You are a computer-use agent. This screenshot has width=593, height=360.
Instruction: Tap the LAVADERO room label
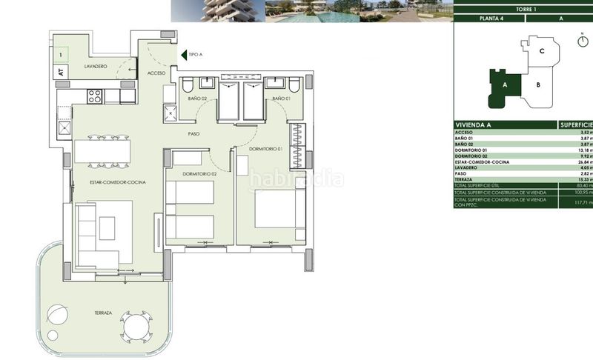pos(96,67)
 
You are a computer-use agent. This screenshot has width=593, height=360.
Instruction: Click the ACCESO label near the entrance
pos(156,73)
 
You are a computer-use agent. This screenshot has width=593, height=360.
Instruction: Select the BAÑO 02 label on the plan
pos(198,99)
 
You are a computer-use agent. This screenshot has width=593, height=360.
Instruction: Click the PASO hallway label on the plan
pos(194,134)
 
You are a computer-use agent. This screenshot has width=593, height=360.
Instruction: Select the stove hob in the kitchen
pos(96,96)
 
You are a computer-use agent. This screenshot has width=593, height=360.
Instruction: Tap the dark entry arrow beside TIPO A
pos(183,54)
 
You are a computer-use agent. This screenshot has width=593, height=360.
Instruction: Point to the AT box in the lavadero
pos(59,72)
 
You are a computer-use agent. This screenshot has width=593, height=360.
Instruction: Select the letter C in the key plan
pos(543,51)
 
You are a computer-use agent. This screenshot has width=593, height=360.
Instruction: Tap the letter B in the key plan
pos(538,84)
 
